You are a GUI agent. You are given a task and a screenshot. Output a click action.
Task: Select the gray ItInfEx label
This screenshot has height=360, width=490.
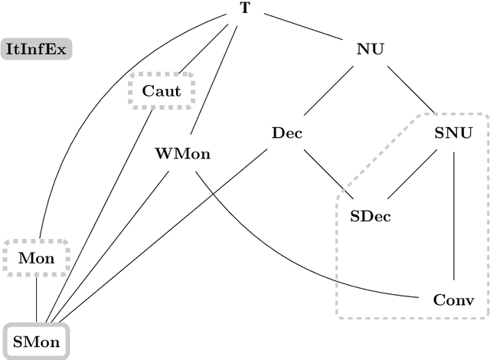(36, 51)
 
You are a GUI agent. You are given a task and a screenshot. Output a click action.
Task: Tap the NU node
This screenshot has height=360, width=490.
(370, 50)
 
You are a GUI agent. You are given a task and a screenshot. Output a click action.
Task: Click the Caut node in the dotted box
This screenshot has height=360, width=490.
(162, 91)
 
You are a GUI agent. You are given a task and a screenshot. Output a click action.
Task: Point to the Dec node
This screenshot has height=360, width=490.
(287, 133)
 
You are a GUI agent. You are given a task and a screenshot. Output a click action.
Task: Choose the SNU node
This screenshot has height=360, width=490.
(454, 133)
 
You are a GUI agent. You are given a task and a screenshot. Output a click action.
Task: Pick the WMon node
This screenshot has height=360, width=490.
(182, 153)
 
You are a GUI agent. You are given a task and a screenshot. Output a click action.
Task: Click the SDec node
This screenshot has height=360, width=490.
(371, 216)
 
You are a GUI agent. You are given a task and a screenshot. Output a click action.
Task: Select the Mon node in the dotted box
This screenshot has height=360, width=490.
(36, 258)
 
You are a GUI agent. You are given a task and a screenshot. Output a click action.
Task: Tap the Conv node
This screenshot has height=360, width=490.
(454, 299)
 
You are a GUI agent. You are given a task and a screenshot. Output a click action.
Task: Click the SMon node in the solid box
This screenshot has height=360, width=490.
(37, 342)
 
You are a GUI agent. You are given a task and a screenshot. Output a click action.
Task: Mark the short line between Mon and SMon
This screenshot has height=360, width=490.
(37, 298)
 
